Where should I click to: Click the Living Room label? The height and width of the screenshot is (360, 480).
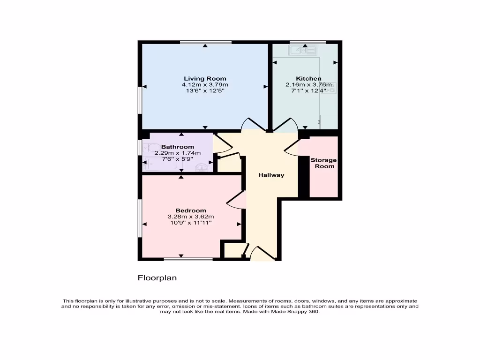click(x=205, y=79)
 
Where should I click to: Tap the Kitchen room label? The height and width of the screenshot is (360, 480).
click(x=308, y=79)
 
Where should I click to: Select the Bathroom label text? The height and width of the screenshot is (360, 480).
click(x=177, y=147)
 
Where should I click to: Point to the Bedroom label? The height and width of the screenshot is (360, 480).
click(x=190, y=210)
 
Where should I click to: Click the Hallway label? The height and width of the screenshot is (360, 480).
click(x=271, y=175)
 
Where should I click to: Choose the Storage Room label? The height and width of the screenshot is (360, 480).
click(x=323, y=163)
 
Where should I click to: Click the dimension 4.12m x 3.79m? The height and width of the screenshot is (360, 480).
click(x=205, y=85)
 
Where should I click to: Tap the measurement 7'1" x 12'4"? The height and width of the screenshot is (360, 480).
click(x=308, y=91)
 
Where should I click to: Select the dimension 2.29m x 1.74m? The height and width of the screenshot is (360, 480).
click(x=177, y=153)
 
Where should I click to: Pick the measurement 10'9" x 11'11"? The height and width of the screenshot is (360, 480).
click(x=190, y=223)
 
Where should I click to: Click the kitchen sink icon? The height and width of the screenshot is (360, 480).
click(x=303, y=50)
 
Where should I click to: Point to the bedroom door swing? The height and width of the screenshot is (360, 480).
click(x=237, y=201)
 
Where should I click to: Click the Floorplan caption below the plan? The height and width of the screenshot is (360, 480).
click(x=157, y=278)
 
